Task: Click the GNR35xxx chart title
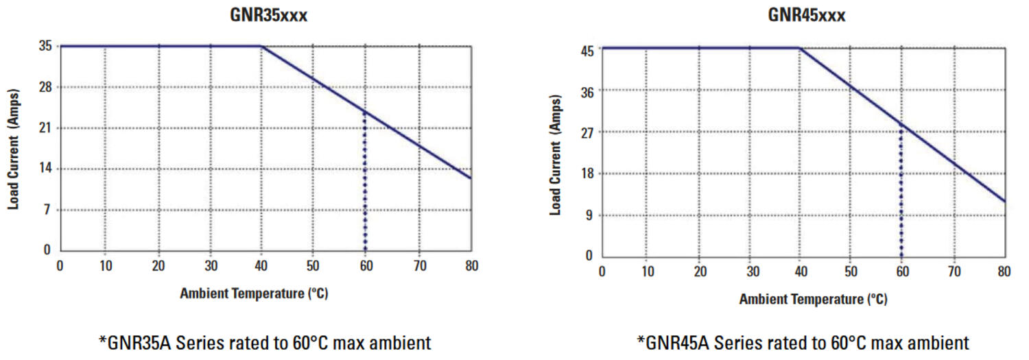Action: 268,15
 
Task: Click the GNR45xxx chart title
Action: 806,15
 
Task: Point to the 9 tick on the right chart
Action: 589,215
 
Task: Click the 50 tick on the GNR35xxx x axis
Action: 314,266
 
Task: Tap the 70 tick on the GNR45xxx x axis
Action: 954,272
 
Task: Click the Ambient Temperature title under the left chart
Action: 254,294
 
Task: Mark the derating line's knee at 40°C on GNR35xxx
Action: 261,47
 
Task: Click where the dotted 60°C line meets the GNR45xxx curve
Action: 901,125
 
